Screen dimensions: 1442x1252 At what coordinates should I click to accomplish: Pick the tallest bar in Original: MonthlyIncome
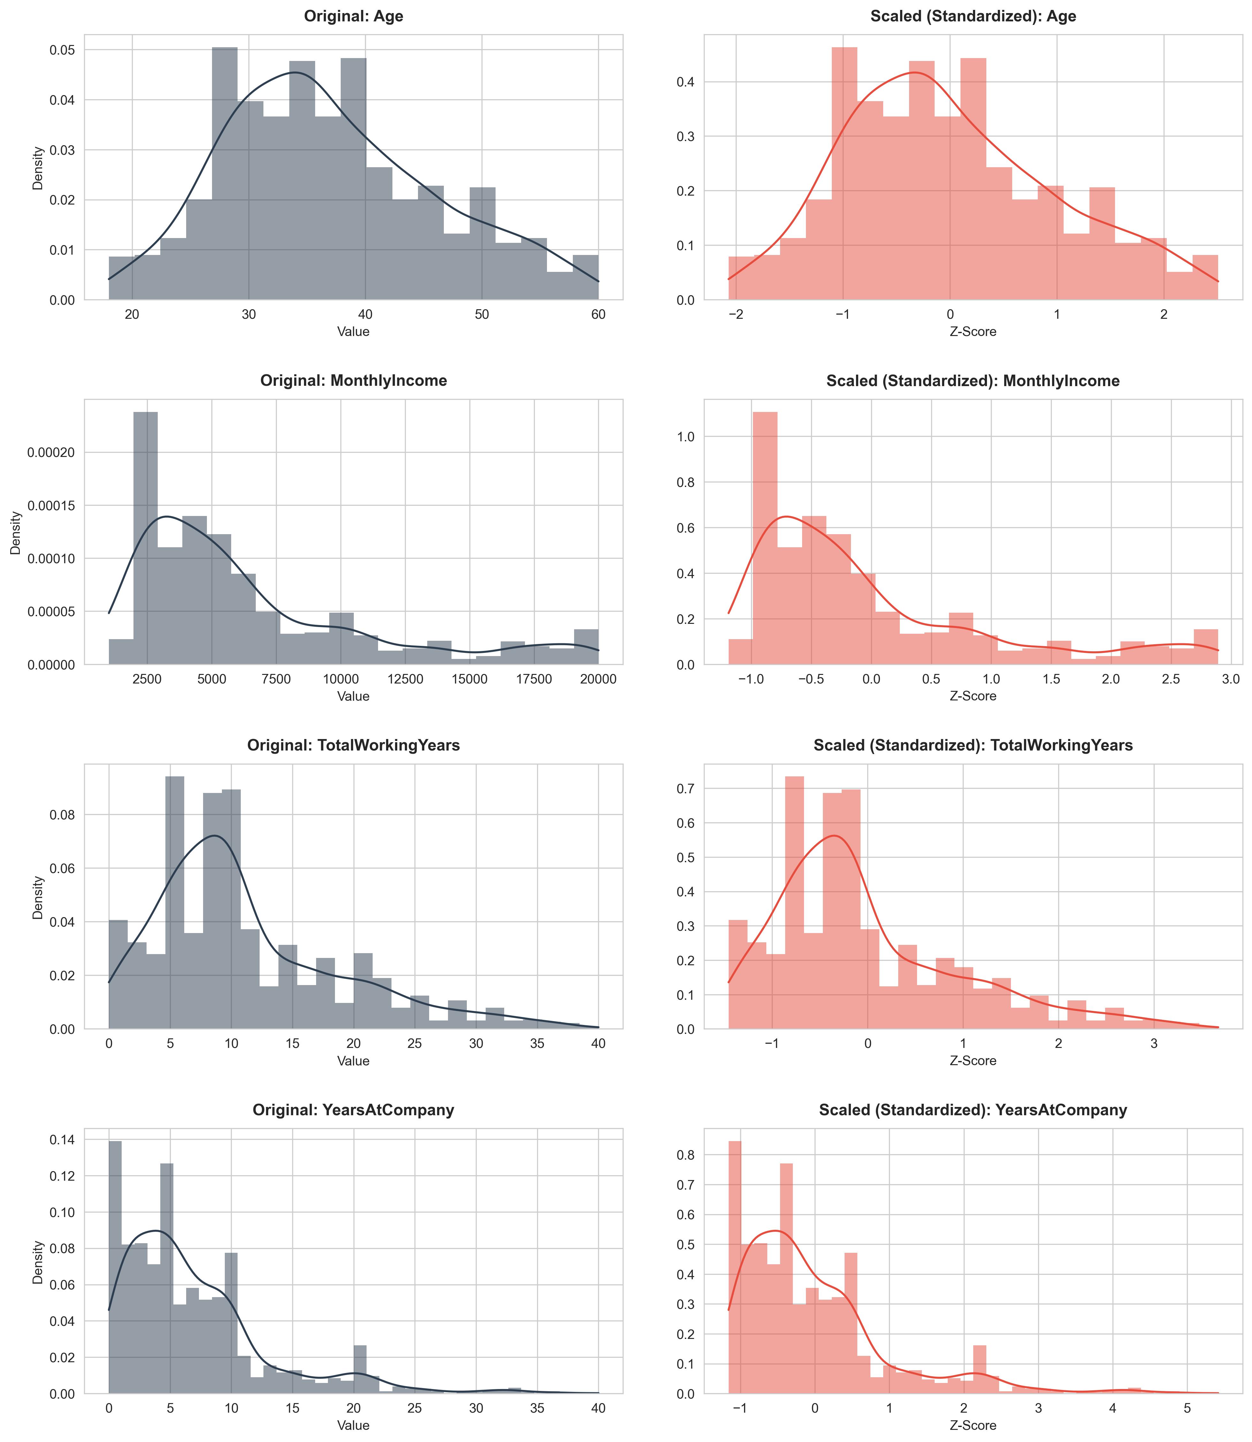(145, 538)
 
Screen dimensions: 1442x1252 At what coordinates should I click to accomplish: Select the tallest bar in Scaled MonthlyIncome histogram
(765, 538)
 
